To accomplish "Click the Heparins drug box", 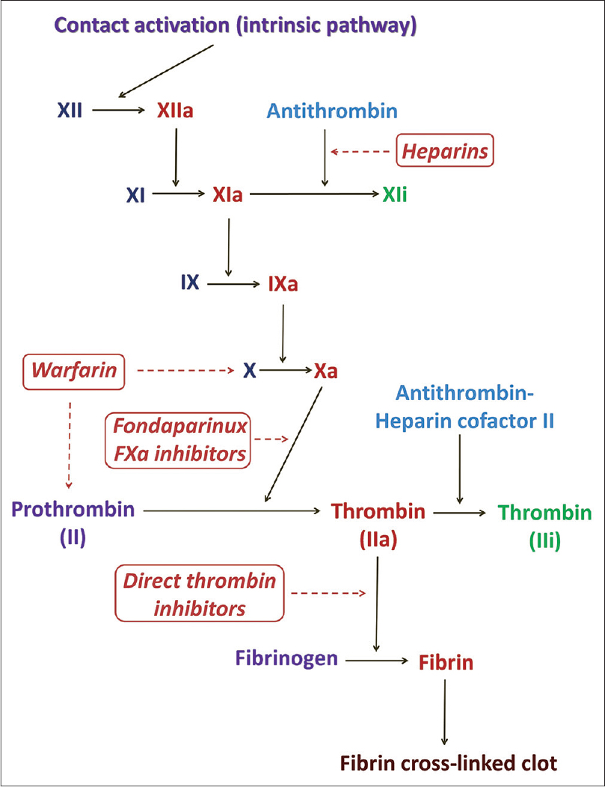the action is [445, 150].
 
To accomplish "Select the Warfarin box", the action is [74, 371].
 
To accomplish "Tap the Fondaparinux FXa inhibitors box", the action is [178, 440].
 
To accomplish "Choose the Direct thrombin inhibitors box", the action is [200, 593].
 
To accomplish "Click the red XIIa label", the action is [175, 111].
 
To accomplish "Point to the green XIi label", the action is [395, 194].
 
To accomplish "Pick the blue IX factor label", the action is [190, 283].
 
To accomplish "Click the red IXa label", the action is [283, 284].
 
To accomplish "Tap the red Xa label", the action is [326, 371].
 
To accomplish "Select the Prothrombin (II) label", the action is [73, 523].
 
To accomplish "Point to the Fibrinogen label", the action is [286, 658].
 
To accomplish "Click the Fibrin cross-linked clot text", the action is [449, 763].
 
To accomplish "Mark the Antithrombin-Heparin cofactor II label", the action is [464, 407].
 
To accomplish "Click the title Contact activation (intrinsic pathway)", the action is [236, 25].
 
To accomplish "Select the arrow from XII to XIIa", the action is [118, 109].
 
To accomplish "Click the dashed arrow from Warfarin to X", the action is [185, 371].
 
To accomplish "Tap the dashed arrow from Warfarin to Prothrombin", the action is [70, 445].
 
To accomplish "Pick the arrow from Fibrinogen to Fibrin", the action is [377, 661].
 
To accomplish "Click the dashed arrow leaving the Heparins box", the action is [360, 151].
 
